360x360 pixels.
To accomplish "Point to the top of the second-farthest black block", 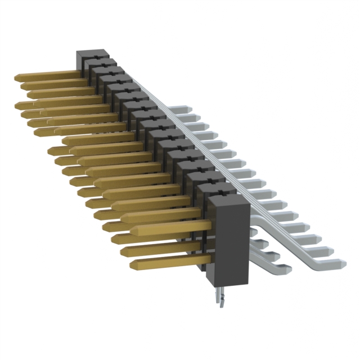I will coord(105,62).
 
